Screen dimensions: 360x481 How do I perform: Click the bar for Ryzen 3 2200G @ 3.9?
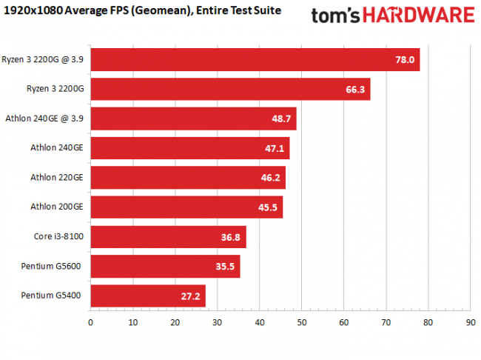pos(255,59)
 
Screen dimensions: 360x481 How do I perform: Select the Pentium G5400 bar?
pos(147,296)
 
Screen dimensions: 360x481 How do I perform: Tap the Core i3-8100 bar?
pos(168,237)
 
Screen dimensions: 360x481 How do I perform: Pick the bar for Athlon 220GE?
pos(187,178)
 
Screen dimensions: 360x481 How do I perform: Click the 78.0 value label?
pos(405,59)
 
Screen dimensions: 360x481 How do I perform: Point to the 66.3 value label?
pos(355,89)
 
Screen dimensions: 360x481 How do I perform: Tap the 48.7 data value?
pos(281,119)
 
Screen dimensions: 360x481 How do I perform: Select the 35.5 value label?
pos(225,267)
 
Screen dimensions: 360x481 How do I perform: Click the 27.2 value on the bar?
pos(190,296)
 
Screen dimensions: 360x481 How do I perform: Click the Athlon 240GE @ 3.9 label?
pos(44,119)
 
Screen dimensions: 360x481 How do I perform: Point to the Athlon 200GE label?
pos(56,207)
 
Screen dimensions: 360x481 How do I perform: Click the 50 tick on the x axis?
pos(301,322)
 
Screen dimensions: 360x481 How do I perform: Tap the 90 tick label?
pos(470,322)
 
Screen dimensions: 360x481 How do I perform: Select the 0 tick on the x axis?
pos(90,322)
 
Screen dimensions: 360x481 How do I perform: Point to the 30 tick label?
pos(217,322)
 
